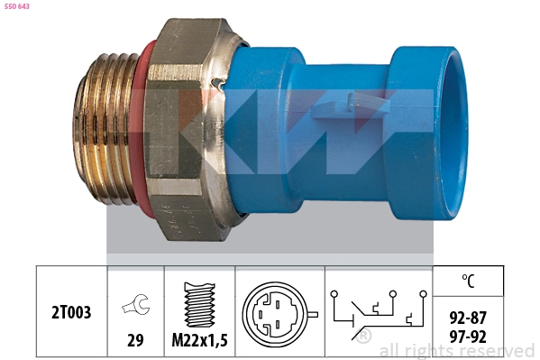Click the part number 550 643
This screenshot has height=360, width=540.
click(17, 6)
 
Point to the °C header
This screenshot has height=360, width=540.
click(468, 281)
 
